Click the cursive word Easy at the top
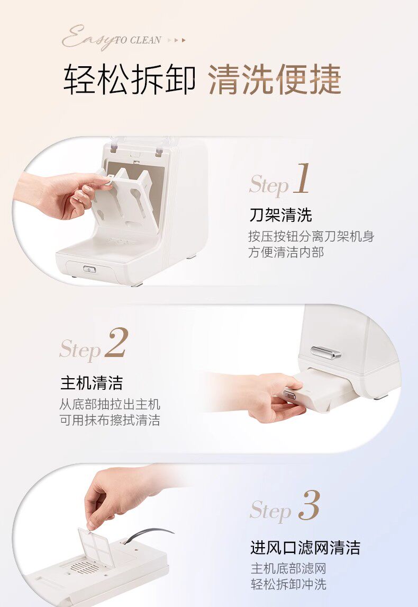pos(88,38)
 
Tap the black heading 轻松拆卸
pos(129,80)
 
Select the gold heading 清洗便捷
pos(275,80)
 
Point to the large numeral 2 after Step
pos(116,343)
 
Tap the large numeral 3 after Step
pos(310,505)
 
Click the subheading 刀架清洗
pos(281,215)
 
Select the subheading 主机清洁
pos(92,383)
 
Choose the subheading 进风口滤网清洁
pos(305,548)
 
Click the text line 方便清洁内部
pos(286,253)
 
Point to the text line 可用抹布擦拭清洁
pos(110,420)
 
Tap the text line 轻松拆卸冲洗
pos(288,584)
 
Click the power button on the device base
pos(90,269)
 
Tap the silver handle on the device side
pos(325,352)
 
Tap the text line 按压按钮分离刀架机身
pos(311,236)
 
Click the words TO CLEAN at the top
pos(138,40)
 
